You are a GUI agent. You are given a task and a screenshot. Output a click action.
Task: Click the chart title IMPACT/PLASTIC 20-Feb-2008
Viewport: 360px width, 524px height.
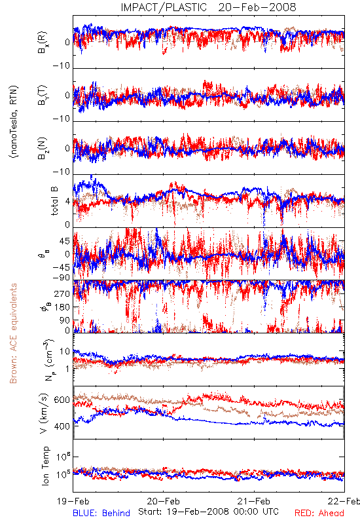208,7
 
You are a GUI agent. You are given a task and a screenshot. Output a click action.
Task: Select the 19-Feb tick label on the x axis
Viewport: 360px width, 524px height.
73,501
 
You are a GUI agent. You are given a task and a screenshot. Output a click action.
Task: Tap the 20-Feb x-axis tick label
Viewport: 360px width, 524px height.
163,501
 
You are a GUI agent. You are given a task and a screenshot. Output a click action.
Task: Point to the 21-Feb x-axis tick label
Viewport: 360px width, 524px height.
254,501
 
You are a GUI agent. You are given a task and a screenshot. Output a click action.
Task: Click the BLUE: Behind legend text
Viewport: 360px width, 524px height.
101,513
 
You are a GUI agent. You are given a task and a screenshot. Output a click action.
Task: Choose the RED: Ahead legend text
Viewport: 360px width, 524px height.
319,513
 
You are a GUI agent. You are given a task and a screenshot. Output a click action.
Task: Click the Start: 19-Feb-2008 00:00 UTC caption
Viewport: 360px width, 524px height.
208,512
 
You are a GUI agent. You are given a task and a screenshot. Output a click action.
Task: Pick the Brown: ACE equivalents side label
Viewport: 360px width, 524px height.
13,333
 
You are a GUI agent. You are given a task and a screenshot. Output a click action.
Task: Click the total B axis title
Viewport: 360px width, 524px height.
54,201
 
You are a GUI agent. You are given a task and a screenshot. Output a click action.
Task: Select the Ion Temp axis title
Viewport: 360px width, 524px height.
45,466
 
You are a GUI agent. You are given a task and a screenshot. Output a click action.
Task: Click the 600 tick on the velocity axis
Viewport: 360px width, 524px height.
62,400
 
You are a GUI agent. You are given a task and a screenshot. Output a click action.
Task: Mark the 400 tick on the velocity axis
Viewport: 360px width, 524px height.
62,426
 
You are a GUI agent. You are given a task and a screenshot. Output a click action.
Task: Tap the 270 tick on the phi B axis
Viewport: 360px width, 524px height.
62,293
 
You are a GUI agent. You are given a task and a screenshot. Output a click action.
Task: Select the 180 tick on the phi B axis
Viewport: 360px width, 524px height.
62,307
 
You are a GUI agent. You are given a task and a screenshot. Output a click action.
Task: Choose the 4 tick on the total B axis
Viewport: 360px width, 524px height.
67,202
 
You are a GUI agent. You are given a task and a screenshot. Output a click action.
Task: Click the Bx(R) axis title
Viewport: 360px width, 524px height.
43,42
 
